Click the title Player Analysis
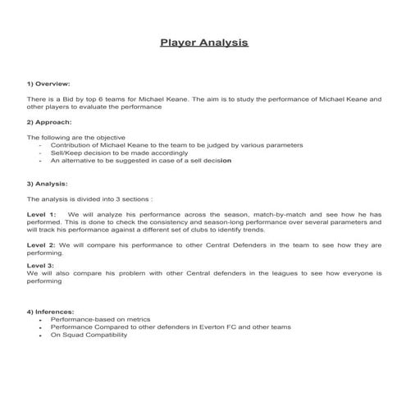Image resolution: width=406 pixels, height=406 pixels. [203, 42]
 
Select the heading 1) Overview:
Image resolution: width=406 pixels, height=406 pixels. [49, 83]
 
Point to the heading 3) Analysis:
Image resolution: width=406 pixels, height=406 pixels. [48, 183]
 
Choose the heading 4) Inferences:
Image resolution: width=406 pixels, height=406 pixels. [52, 312]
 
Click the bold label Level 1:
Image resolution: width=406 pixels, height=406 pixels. [42, 213]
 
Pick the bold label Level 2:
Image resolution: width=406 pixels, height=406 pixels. [42, 245]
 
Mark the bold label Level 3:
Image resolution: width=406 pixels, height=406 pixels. [40, 265]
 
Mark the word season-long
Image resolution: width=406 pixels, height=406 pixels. [233, 221]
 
